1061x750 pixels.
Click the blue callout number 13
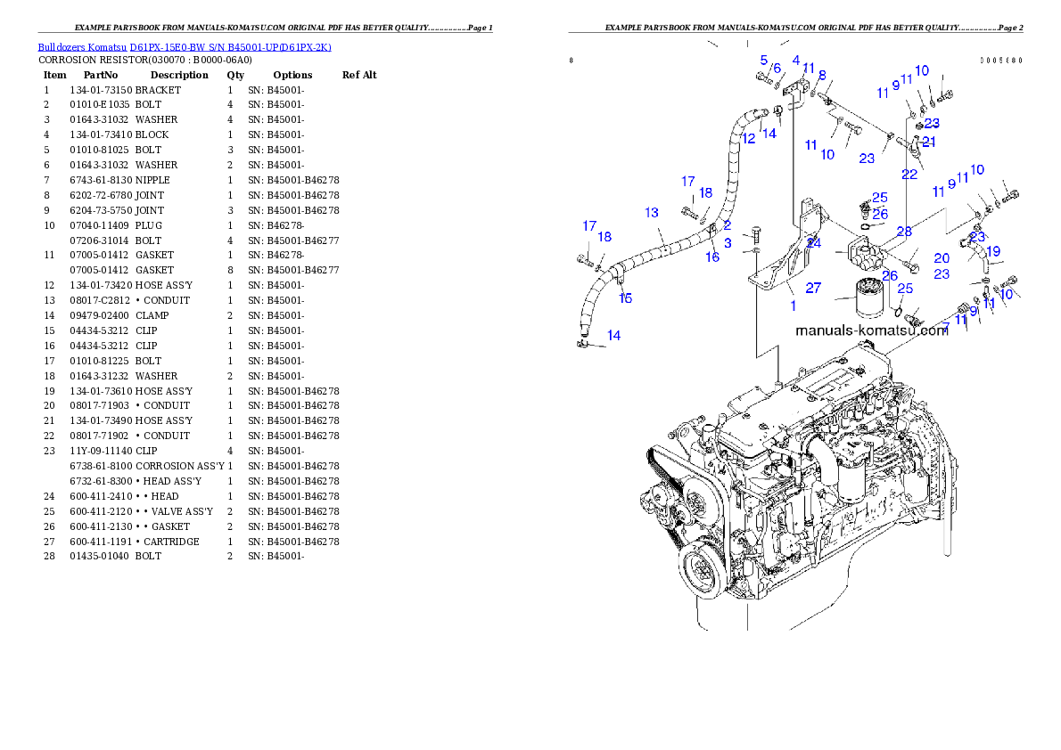point(652,213)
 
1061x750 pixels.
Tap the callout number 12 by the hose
point(748,139)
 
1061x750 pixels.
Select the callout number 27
point(813,288)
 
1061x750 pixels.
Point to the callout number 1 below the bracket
point(793,306)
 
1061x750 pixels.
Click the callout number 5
point(764,61)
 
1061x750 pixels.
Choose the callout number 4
point(796,61)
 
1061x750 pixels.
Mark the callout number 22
point(909,175)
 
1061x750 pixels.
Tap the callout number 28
point(904,232)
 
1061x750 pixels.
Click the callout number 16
point(712,257)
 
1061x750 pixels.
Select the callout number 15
point(626,298)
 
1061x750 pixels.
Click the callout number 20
point(942,258)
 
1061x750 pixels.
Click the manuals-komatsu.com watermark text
point(871,330)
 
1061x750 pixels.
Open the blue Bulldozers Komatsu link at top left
point(185,47)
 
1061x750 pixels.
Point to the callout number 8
point(822,76)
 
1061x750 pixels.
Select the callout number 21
point(929,142)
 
